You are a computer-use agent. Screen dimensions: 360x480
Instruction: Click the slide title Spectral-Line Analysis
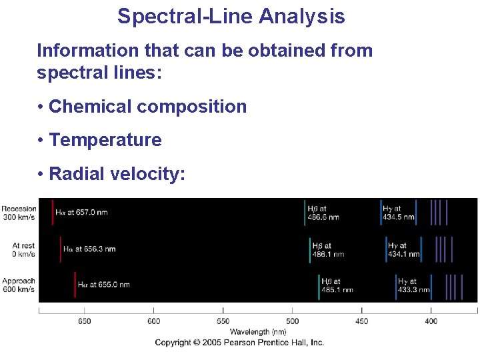coord(231,16)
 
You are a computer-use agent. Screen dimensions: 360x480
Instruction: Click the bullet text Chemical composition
coord(147,107)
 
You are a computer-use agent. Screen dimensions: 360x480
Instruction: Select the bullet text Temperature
coord(105,140)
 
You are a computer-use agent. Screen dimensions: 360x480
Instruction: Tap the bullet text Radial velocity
coord(117,174)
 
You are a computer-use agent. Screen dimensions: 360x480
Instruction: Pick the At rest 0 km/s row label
coord(23,250)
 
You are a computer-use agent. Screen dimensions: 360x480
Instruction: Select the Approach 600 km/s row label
coord(19,285)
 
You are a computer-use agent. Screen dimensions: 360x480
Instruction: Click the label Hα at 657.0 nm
coord(81,213)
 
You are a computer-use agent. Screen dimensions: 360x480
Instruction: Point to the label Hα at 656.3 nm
coord(89,249)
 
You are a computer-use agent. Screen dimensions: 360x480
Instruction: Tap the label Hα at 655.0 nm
coord(103,285)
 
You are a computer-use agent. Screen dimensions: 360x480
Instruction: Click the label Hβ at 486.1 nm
coord(329,250)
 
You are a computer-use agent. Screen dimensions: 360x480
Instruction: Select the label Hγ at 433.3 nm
coord(414,285)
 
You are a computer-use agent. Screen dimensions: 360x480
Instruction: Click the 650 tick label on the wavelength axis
coord(84,321)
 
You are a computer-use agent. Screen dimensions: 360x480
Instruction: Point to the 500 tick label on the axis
coord(293,321)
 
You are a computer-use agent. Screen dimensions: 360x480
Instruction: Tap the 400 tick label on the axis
coord(431,321)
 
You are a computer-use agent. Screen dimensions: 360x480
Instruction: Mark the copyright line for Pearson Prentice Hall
coord(239,343)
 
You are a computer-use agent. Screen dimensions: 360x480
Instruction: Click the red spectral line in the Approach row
coord(75,285)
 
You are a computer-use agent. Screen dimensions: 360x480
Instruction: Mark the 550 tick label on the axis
coord(223,321)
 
